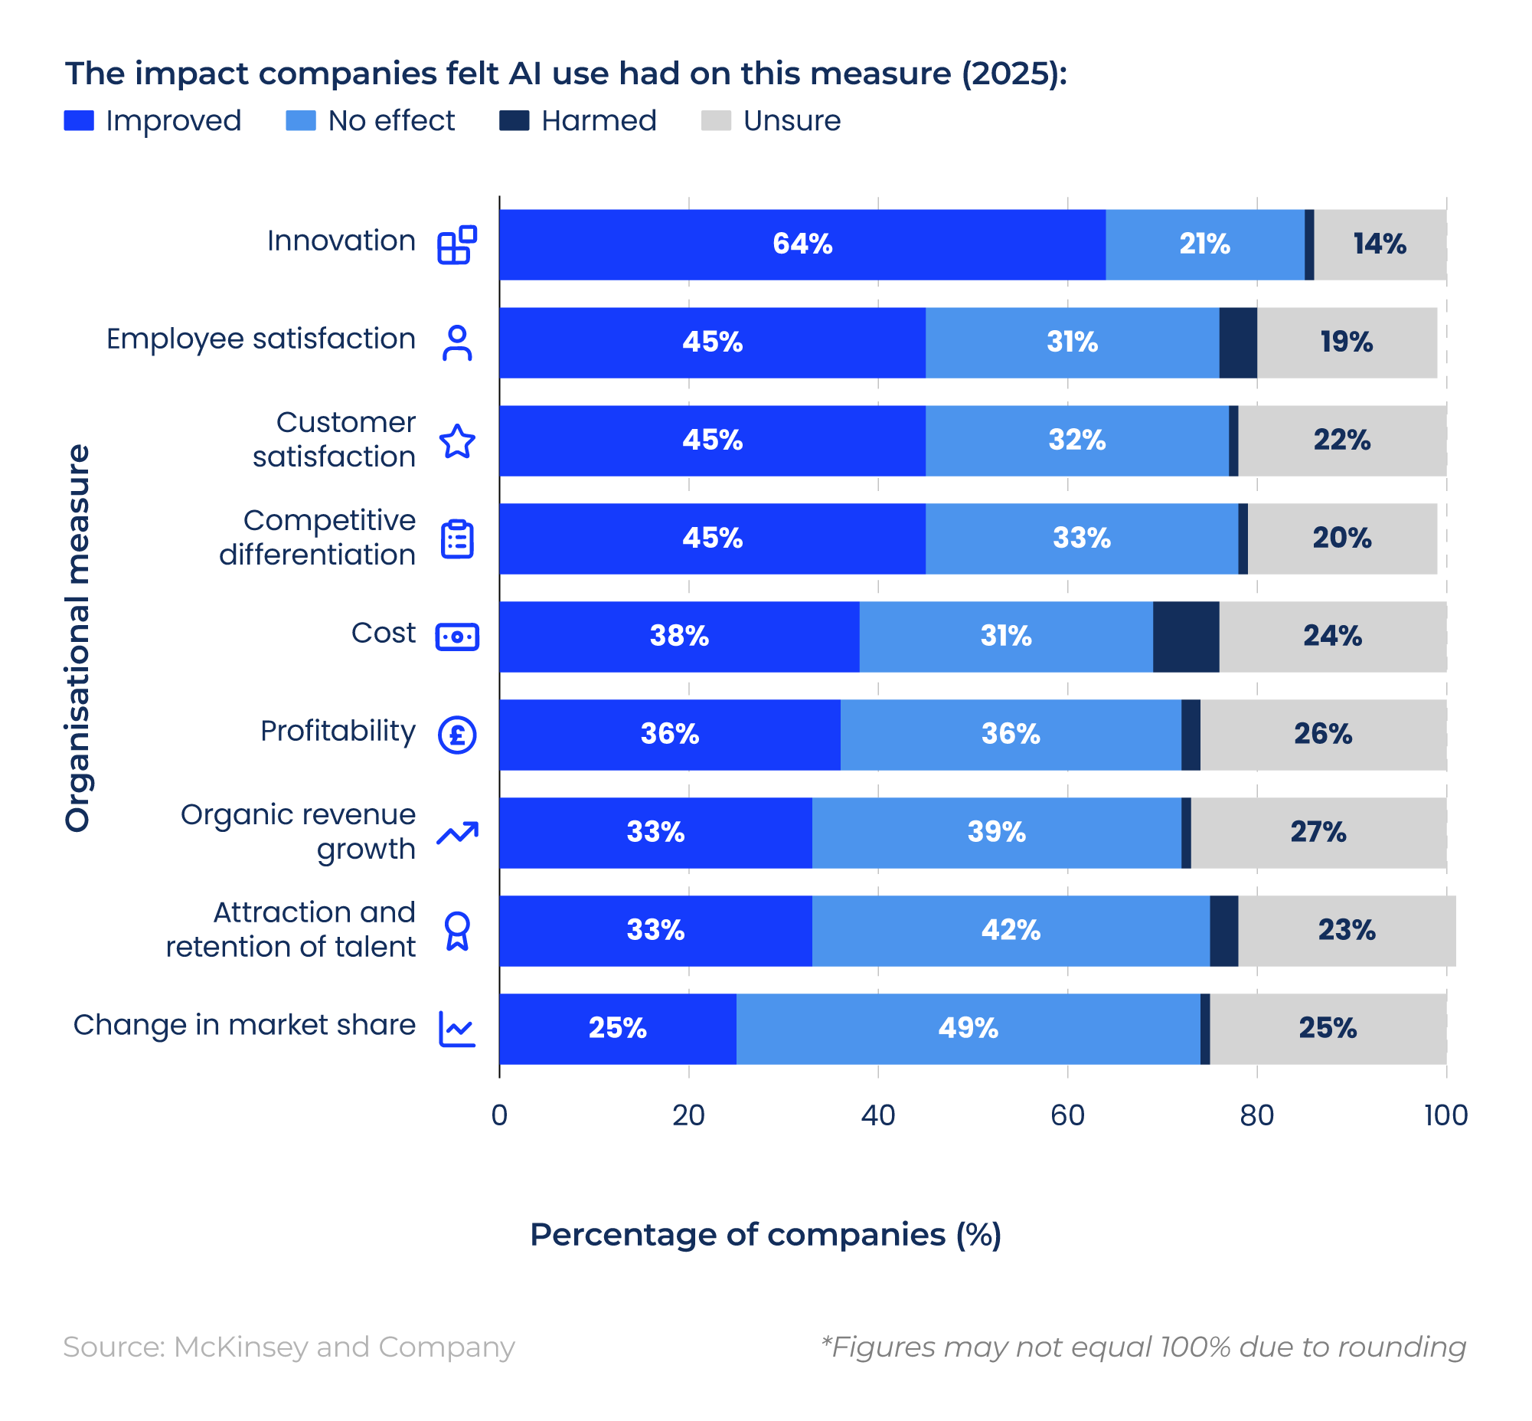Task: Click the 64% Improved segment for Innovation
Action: (x=802, y=244)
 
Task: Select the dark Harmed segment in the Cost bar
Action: (x=1185, y=637)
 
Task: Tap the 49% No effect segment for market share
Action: (x=968, y=1028)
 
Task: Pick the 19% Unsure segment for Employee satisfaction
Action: (x=1346, y=342)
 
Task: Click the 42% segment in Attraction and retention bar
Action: (x=1010, y=931)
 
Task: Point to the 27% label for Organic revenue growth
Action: (x=1318, y=832)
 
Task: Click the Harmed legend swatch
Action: (x=514, y=121)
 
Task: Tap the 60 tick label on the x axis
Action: (x=1067, y=1115)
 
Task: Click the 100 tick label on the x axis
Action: (x=1445, y=1115)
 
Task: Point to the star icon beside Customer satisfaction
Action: (x=457, y=441)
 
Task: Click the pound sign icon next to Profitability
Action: (x=457, y=735)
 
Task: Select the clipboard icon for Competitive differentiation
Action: (x=457, y=539)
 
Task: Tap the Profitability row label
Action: (x=338, y=731)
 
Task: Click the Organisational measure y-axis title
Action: (x=77, y=637)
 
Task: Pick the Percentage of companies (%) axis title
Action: (x=766, y=1234)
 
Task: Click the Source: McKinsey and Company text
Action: (x=289, y=1347)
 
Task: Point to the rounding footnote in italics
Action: (x=1143, y=1347)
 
